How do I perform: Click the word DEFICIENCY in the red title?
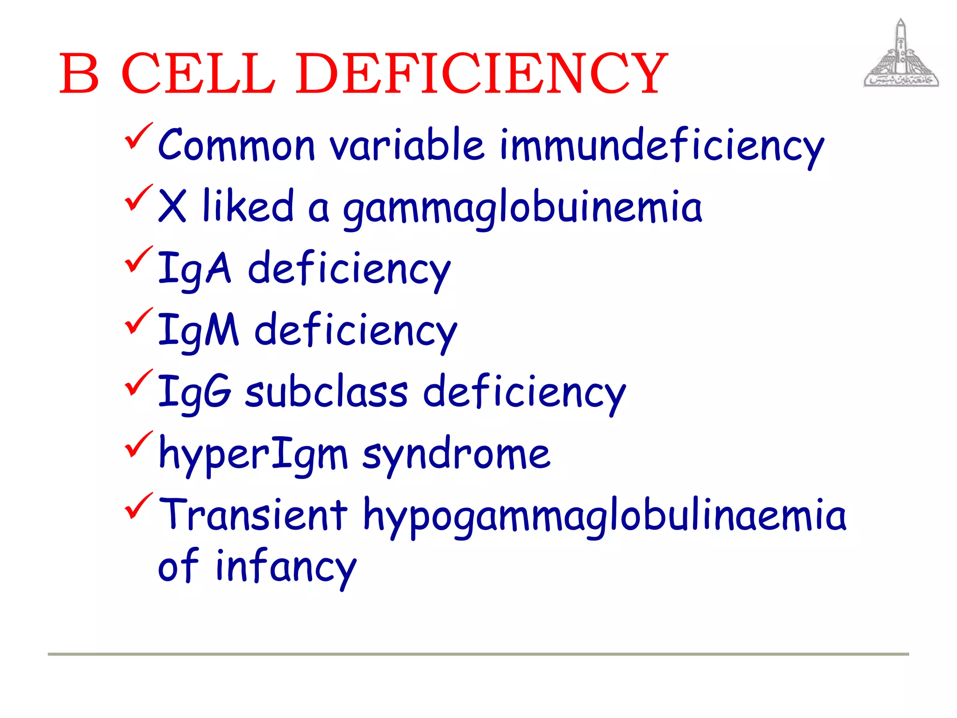pos(481,73)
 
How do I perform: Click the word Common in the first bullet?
pos(236,144)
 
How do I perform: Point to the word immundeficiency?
pos(661,146)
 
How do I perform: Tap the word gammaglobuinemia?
pos(522,208)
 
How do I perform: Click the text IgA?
pos(194,269)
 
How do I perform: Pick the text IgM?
pos(198,330)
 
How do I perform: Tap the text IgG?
pos(194,392)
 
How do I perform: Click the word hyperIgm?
pos(253,454)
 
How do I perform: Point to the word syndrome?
pos(456,454)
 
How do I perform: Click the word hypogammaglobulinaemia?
pos(604,516)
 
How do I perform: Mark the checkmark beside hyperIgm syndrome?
pos(138,445)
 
